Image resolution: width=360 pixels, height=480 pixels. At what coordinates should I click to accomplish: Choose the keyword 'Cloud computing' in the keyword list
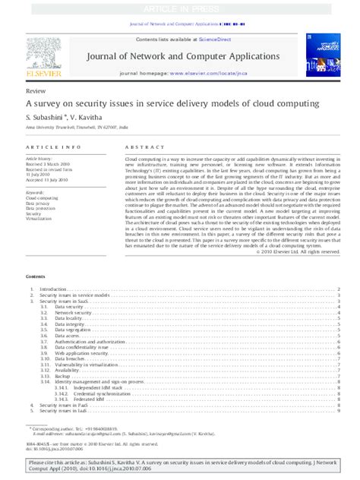42,197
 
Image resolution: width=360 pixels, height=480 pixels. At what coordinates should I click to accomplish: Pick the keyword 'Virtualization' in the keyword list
39,218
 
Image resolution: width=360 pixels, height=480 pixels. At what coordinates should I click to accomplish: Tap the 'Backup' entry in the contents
62,376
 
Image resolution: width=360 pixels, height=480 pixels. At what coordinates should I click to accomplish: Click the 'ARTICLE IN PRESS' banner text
179,7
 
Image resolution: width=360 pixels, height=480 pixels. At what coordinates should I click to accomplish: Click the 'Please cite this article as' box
179,466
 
